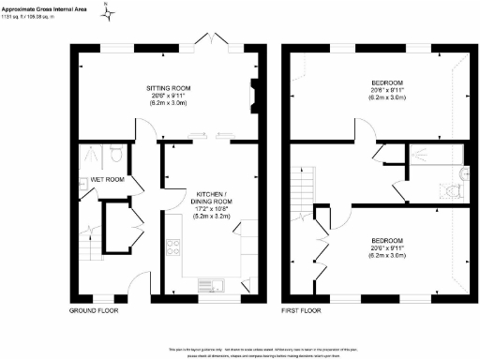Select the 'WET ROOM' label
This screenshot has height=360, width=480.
coord(107,179)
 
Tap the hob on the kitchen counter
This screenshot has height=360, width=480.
coord(173,248)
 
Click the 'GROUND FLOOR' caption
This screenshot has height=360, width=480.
coord(94,308)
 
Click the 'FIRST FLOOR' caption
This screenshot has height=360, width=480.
coord(303,308)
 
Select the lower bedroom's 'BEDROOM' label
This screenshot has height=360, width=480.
coord(383,239)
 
